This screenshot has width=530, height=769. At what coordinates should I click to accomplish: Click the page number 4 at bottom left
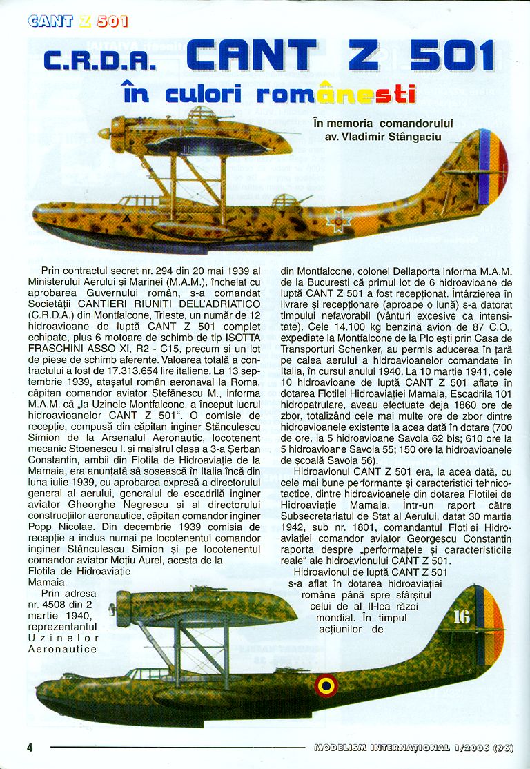tap(30, 748)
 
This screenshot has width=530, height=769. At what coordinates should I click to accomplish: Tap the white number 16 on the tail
tap(461, 616)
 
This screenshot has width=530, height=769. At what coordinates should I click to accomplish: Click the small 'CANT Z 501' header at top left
tap(78, 21)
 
